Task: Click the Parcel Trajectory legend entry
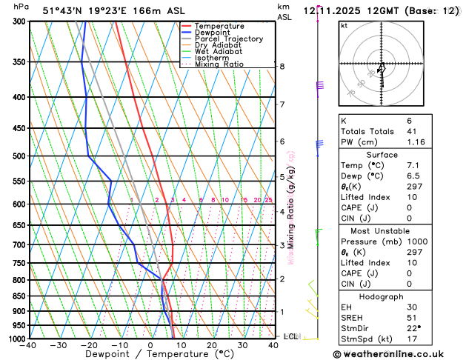(228, 39)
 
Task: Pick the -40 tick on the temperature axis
(29, 344)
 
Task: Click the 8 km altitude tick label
(282, 66)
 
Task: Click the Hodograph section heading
(382, 296)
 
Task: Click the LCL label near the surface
(290, 336)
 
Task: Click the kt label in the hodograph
(344, 25)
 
